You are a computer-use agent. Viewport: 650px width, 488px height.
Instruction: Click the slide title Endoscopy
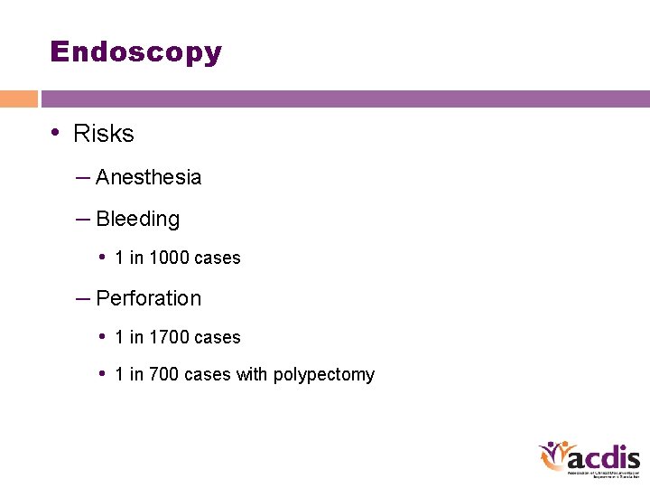[136, 52]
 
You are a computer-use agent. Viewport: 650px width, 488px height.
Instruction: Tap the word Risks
[103, 134]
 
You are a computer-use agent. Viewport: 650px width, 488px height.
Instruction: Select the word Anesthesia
[148, 177]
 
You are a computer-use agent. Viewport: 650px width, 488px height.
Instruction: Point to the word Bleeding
[137, 219]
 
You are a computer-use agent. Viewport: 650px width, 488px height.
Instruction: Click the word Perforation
[148, 298]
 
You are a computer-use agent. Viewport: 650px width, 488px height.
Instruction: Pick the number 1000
[169, 258]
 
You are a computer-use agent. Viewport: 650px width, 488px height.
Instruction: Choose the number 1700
[169, 337]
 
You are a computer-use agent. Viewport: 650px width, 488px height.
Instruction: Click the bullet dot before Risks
[56, 133]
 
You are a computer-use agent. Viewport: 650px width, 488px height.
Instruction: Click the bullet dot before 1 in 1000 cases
[104, 257]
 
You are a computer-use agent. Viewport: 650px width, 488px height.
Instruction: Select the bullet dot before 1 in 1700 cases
[104, 336]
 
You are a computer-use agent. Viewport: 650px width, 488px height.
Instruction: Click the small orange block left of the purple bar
[18, 99]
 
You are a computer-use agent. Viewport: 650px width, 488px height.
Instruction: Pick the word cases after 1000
[218, 258]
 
